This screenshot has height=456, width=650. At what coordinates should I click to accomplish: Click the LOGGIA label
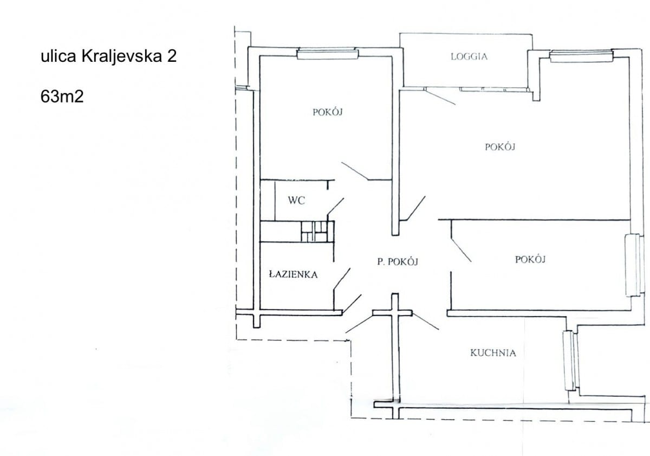coord(469,56)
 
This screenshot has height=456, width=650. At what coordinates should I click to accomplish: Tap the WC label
coord(296,201)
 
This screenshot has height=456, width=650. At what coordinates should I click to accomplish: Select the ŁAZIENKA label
coord(293,274)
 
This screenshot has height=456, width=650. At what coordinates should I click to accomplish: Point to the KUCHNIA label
coord(493,353)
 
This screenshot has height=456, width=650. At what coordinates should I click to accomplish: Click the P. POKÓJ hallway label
coord(398,261)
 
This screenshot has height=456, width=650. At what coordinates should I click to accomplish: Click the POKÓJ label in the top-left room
coord(328,112)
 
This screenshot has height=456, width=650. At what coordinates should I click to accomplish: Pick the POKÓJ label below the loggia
coord(499,146)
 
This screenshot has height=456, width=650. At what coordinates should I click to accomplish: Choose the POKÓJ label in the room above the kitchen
coord(530,259)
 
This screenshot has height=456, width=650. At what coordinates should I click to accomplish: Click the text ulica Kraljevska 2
coord(108,57)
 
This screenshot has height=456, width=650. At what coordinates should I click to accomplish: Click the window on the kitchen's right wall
coord(569,361)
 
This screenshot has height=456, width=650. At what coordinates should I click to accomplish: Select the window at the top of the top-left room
coord(328,53)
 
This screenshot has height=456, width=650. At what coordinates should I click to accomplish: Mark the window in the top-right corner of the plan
coord(581,55)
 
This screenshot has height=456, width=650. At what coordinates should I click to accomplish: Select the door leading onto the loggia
coord(440,97)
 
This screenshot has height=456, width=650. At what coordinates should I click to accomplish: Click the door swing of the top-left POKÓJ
coord(355,171)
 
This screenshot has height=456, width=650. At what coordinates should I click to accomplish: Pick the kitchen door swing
coord(425,321)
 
